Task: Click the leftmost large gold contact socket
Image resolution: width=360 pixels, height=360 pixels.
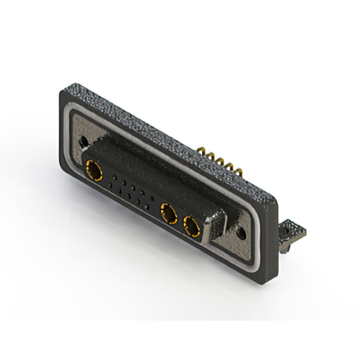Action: click(92, 168)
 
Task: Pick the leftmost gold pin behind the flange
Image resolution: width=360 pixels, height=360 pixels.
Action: click(200, 152)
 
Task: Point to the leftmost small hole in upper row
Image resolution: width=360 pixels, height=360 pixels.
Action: click(113, 177)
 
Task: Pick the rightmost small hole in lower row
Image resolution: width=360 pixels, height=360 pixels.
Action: click(147, 208)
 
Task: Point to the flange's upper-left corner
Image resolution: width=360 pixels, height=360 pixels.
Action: click(61, 92)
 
